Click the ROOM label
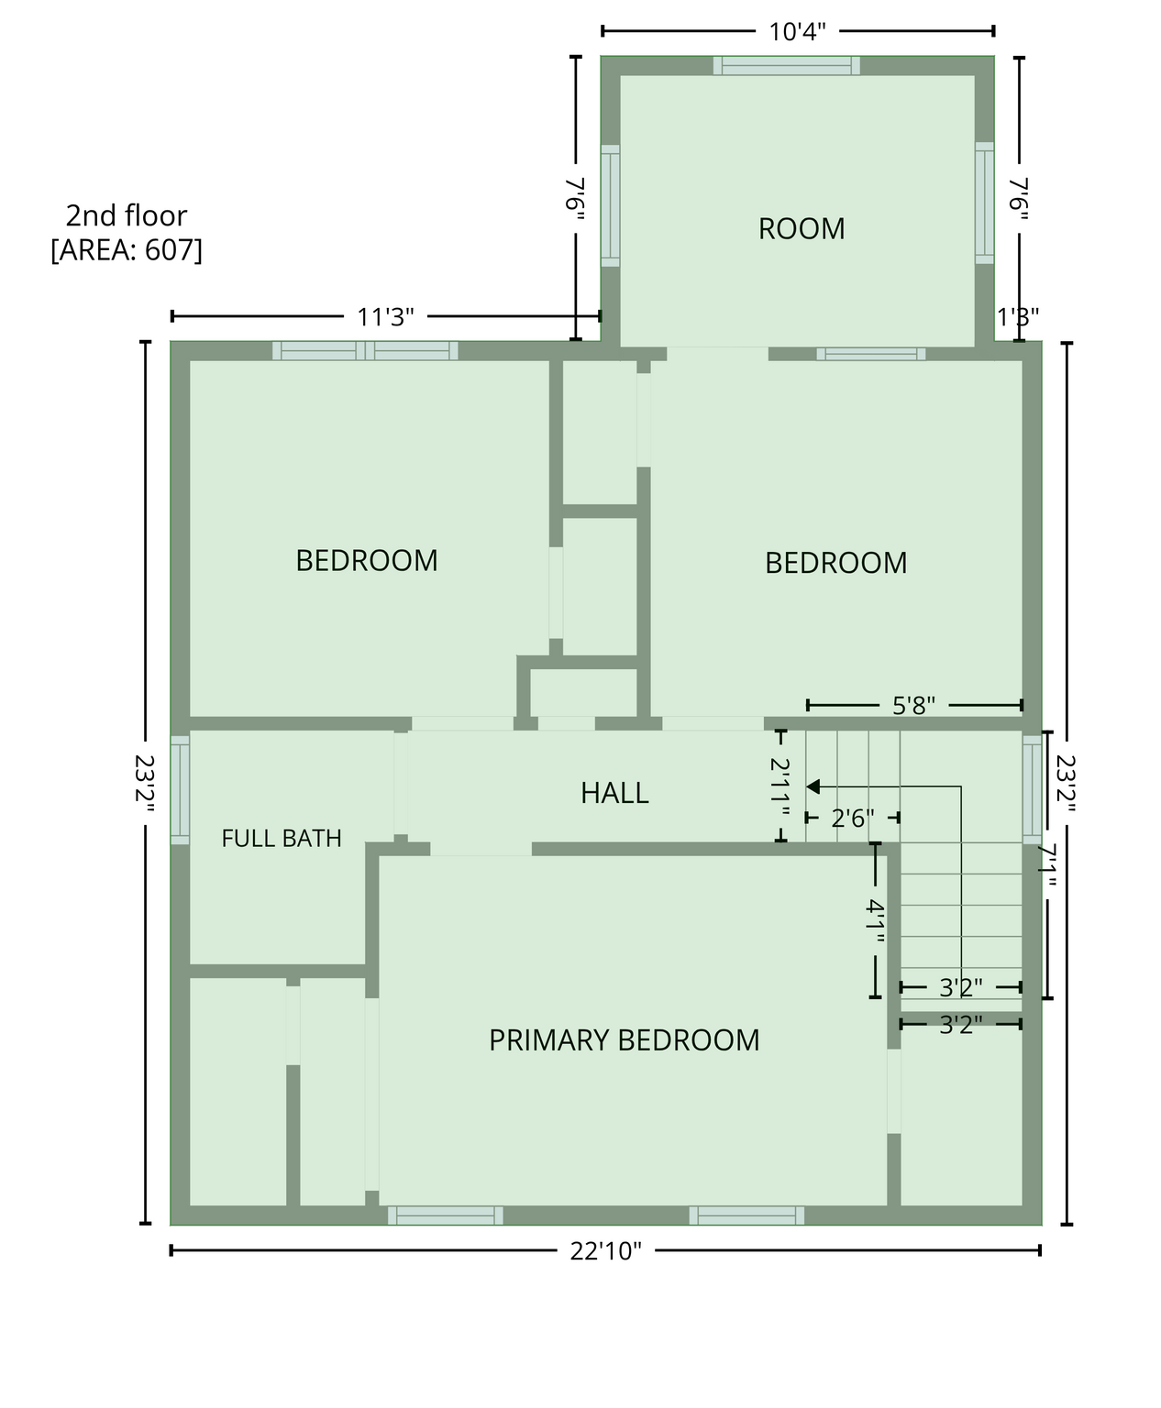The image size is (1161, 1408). coord(801,228)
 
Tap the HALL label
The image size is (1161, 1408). coord(614,793)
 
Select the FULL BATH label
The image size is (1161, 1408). coord(282,838)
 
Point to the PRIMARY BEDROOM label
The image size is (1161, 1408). coord(624,1039)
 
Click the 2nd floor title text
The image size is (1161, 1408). coord(127,215)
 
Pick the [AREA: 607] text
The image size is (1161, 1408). coord(127,250)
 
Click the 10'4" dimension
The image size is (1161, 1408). coord(798,32)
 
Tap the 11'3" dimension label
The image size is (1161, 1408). coord(385,316)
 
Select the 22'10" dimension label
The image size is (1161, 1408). coord(605,1251)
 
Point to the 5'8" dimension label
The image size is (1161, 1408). coord(913,705)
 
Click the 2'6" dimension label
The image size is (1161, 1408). coord(853,818)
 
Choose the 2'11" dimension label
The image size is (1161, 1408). coord(780,786)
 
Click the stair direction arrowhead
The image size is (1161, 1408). coord(813,786)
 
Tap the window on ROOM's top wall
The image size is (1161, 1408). coord(787,65)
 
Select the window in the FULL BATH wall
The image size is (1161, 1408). coord(180,789)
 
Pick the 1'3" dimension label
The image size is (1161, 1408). coord(1018,316)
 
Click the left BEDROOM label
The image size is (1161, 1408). coord(366,561)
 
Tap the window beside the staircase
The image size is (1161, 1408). coord(1032,789)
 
